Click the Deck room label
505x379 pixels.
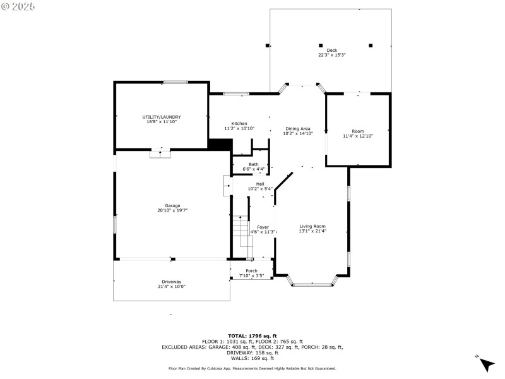pos(331,50)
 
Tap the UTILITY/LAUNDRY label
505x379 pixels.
pos(162,117)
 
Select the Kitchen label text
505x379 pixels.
pos(239,123)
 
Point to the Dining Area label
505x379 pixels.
pos(298,128)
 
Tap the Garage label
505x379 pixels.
pos(172,205)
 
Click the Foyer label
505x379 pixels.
pos(263,227)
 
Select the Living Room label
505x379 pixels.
pos(312,226)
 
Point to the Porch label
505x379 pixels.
pos(251,271)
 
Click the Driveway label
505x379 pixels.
pos(171,282)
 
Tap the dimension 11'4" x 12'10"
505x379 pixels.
pos(358,136)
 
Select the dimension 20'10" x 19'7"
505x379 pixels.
pos(172,210)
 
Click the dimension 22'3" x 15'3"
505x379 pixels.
pos(331,55)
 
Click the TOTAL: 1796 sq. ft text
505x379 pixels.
pos(252,335)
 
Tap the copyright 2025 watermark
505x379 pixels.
pos(18,6)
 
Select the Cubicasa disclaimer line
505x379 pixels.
pos(252,368)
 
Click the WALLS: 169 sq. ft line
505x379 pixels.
pos(252,358)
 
